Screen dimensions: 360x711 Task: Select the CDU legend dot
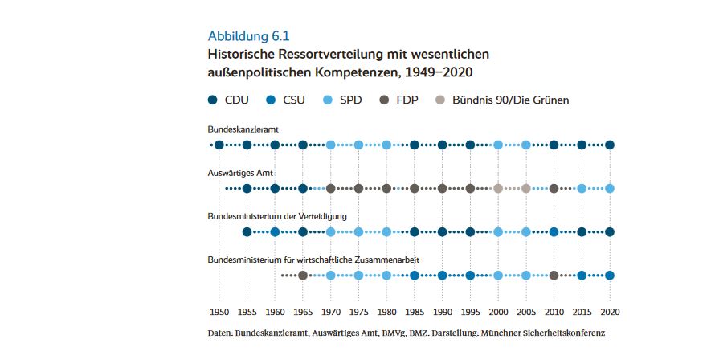click(213, 100)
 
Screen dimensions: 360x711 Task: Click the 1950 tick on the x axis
click(219, 312)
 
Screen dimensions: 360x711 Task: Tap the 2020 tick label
click(610, 312)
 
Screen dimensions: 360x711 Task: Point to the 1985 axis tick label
click(414, 312)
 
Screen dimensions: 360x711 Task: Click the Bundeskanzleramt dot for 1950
click(219, 145)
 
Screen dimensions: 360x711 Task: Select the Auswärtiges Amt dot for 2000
click(498, 189)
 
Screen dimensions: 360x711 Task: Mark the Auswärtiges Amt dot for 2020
click(610, 189)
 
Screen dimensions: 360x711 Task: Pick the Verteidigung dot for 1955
click(247, 232)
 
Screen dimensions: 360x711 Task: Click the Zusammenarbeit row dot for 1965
click(303, 276)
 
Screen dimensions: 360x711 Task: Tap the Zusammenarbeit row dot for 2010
click(554, 276)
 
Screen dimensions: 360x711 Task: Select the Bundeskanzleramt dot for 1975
click(358, 145)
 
